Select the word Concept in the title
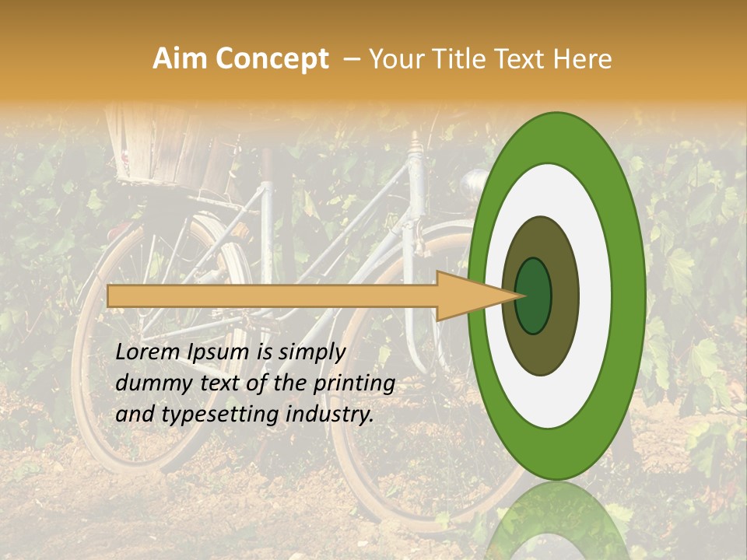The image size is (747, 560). [x=272, y=59]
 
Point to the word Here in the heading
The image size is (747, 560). [x=584, y=59]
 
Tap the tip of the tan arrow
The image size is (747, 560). [x=520, y=296]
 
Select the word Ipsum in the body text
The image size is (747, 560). [x=220, y=352]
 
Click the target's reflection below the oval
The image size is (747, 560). [x=556, y=521]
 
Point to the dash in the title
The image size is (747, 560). [x=351, y=59]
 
